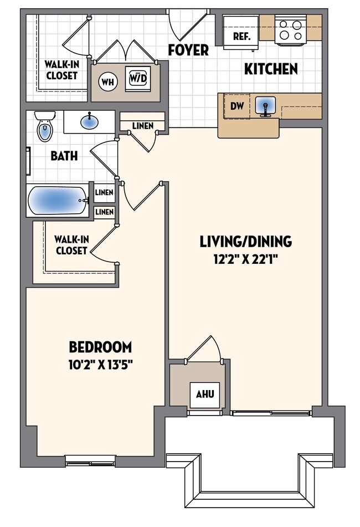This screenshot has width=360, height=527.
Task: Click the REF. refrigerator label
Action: click(241, 37)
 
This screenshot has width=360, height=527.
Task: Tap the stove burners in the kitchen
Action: click(291, 30)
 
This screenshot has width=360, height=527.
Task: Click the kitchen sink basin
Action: click(266, 105)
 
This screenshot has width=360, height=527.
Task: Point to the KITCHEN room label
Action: click(271, 69)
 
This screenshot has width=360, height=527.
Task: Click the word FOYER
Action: click(188, 50)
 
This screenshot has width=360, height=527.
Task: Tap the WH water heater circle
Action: click(108, 82)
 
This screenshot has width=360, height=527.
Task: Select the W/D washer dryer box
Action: click(137, 79)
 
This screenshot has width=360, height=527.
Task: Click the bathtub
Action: click(57, 200)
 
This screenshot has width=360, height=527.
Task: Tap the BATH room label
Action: click(64, 156)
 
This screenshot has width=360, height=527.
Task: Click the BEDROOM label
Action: click(100, 347)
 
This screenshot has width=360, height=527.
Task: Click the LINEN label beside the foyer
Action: click(142, 126)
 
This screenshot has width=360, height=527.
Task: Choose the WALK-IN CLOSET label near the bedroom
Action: click(70, 245)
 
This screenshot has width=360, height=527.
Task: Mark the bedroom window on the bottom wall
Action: click(90, 459)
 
